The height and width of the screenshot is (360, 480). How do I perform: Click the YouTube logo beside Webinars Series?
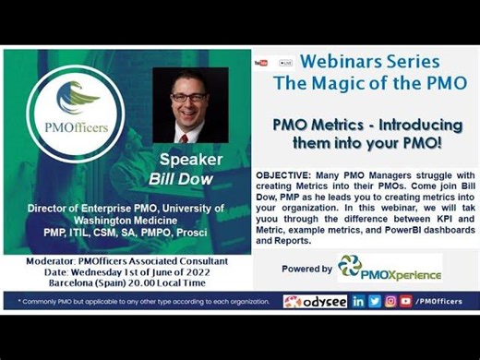tap(261, 63)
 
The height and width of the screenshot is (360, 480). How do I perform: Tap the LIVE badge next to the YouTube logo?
tap(284, 63)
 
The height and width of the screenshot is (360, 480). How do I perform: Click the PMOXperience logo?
tap(389, 269)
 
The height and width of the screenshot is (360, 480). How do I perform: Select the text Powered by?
tap(306, 270)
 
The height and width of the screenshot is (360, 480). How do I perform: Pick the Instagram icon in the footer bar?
tap(390, 302)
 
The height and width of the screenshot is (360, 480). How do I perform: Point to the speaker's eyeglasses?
tap(186, 99)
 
